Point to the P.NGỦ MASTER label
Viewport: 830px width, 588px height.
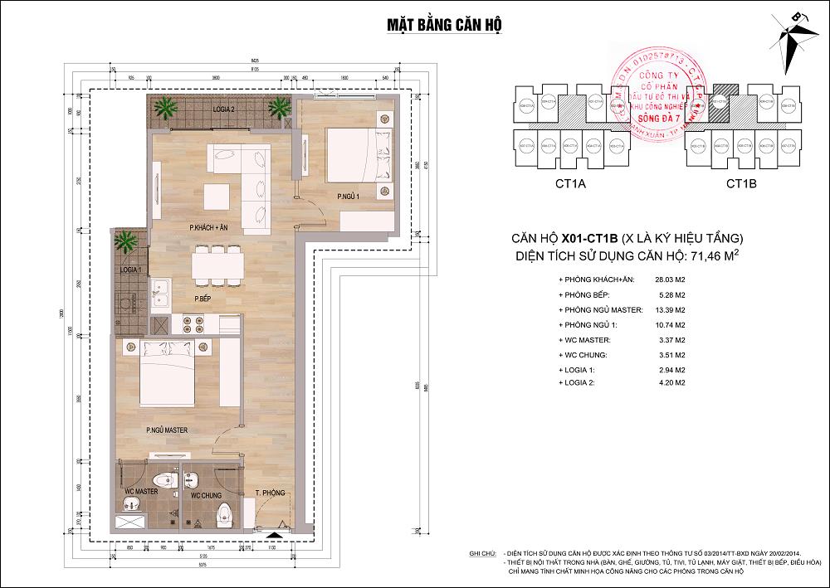point(167,430)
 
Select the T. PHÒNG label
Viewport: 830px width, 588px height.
point(270,493)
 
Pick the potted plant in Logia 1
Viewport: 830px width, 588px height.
point(126,243)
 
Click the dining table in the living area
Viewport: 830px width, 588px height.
point(217,265)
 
